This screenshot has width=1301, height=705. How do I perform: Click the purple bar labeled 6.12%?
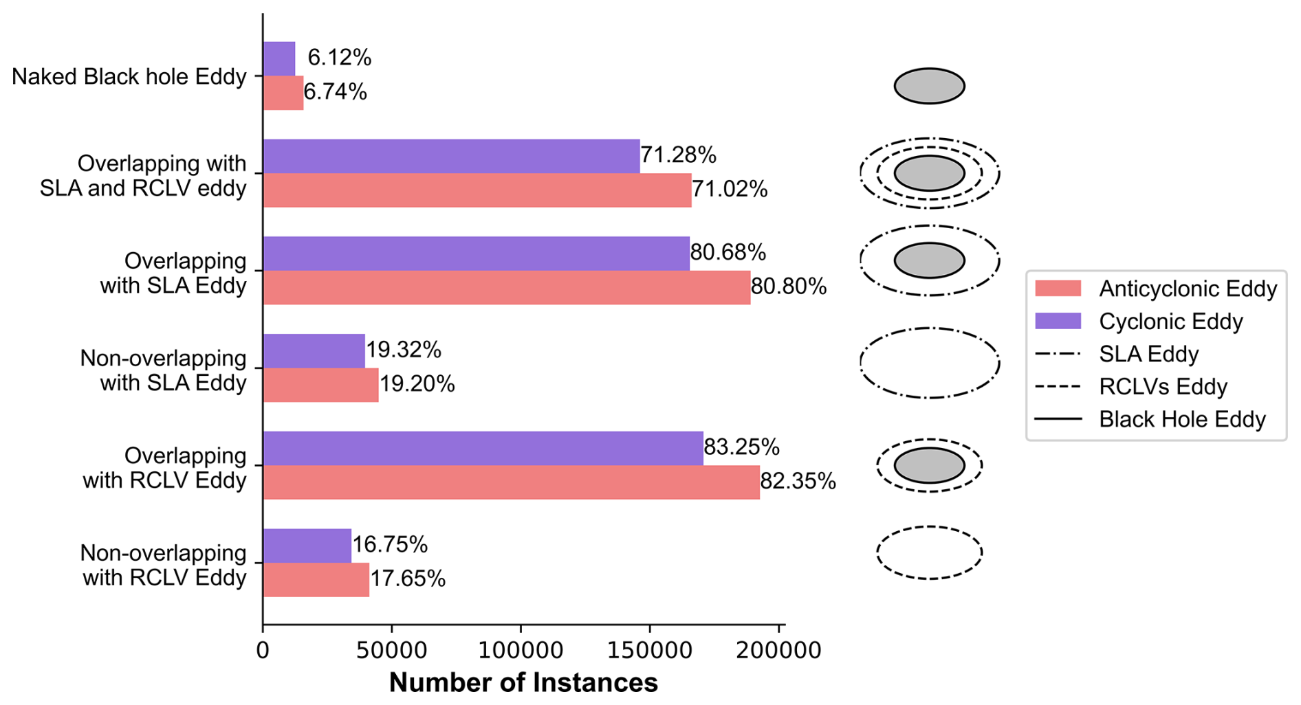tap(279, 58)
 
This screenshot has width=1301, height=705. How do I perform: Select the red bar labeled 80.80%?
tap(506, 287)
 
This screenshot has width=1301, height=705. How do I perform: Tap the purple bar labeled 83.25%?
tap(483, 448)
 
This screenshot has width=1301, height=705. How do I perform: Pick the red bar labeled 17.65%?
tap(316, 579)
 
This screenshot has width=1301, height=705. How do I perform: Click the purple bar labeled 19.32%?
tap(314, 350)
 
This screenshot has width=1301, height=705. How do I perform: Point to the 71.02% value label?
tap(730, 189)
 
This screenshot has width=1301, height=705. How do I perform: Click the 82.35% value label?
tap(798, 482)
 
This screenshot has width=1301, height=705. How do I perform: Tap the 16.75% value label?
tap(390, 545)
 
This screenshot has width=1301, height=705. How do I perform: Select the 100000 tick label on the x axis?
tap(521, 650)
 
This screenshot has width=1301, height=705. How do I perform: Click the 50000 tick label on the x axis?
tap(391, 650)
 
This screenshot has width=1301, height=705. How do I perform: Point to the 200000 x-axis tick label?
tap(778, 650)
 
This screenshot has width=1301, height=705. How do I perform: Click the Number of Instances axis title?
tap(523, 683)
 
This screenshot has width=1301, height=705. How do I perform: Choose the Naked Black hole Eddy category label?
tap(129, 76)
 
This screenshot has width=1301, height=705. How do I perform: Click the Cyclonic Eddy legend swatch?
tap(1058, 321)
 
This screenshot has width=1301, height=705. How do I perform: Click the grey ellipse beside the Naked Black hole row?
tap(929, 86)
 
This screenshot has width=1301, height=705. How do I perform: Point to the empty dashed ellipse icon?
tap(929, 552)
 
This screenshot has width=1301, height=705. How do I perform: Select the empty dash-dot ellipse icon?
tap(929, 363)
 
